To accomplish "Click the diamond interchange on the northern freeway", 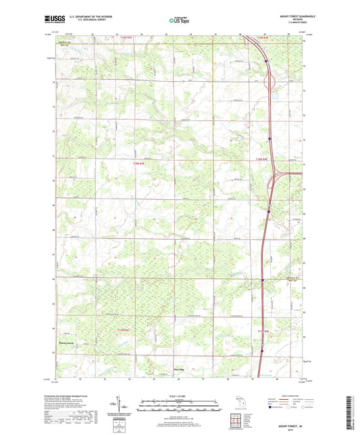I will tap(270, 83).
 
